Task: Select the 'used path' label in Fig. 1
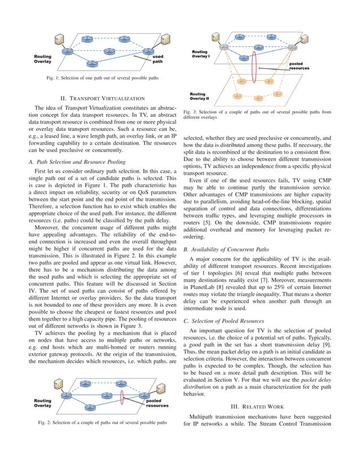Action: pyautogui.click(x=158, y=59)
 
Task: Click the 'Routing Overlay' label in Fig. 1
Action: pyautogui.click(x=45, y=59)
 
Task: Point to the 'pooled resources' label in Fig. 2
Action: pyautogui.click(x=157, y=403)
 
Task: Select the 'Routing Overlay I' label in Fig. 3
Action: pyautogui.click(x=200, y=54)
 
